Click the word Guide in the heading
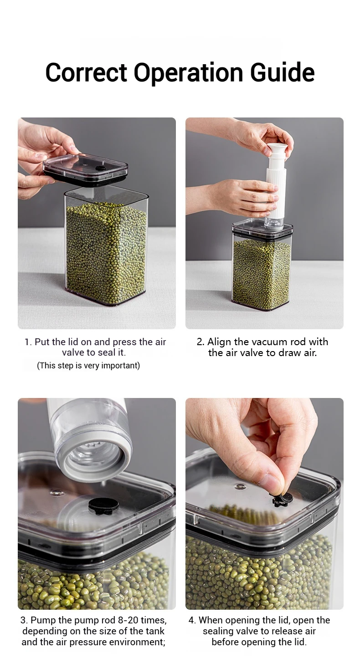tap(282, 72)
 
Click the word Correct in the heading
tap(86, 72)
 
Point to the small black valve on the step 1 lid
tap(102, 168)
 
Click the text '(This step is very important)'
tap(88, 366)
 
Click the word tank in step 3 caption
tap(154, 631)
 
